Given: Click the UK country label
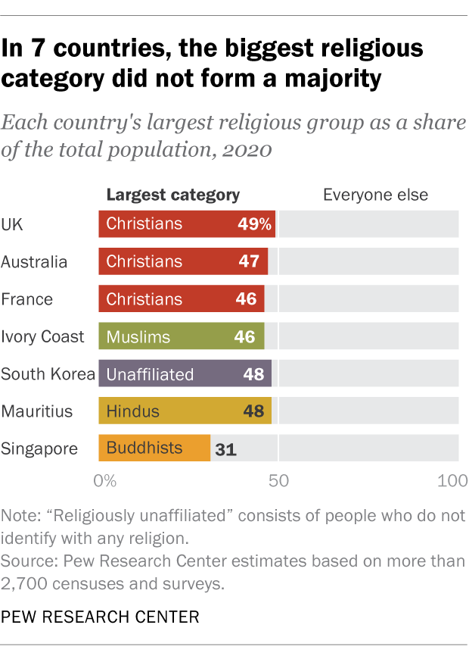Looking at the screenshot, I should [x=11, y=224].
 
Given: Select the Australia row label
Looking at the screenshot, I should [x=34, y=262].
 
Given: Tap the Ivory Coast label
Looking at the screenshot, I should [x=42, y=336].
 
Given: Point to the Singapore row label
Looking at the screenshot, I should [x=39, y=448].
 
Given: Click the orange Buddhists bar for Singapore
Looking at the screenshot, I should [x=154, y=448].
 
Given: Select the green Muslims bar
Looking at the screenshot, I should [x=182, y=336].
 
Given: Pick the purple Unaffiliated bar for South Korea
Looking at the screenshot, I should [x=185, y=373].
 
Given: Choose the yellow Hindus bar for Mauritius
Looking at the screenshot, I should [x=185, y=411].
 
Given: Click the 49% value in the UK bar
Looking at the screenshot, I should [x=253, y=224].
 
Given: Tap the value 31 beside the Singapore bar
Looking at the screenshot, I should [x=225, y=449].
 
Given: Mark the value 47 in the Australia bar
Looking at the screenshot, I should [x=247, y=262].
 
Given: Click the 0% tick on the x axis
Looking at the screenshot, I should [x=104, y=480].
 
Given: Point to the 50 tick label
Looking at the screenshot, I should [x=278, y=480].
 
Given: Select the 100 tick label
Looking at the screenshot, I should [x=453, y=480].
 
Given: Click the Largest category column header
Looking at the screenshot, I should [x=173, y=195].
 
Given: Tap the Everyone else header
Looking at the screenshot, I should [x=375, y=195].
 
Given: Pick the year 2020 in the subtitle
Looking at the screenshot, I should [x=246, y=149].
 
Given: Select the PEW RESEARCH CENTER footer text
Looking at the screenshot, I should [x=101, y=617].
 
